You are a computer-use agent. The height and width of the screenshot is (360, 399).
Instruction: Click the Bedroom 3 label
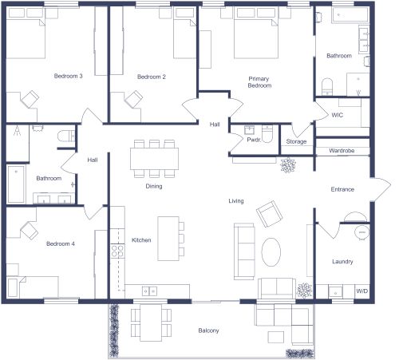[x=68, y=77]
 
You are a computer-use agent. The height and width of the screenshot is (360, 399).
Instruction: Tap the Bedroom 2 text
[x=151, y=77]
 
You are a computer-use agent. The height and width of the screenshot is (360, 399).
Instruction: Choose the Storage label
[x=296, y=141]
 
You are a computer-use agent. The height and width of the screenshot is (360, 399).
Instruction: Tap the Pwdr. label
[x=254, y=140]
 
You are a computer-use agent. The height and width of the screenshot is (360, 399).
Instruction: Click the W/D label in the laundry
[x=361, y=291]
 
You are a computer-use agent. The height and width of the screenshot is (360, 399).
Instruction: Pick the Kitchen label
[x=141, y=240]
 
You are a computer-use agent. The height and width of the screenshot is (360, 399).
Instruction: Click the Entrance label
[x=342, y=189]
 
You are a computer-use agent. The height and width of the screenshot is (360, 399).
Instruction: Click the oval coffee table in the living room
[x=272, y=253]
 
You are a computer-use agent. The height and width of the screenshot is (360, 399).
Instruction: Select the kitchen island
[x=168, y=238]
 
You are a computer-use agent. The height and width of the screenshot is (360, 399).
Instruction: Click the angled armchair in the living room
[x=269, y=214]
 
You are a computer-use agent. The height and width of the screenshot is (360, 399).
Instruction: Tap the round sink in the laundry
[x=361, y=232]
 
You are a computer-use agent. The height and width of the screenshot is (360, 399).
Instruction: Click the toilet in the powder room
[x=268, y=135]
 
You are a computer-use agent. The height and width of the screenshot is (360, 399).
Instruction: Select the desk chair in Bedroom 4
[x=28, y=231]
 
